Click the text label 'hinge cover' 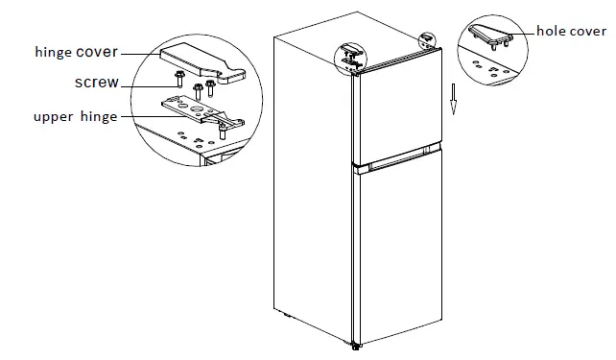[74, 52]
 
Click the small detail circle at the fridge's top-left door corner [349, 57]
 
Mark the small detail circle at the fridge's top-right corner [426, 39]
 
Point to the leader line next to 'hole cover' [525, 31]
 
